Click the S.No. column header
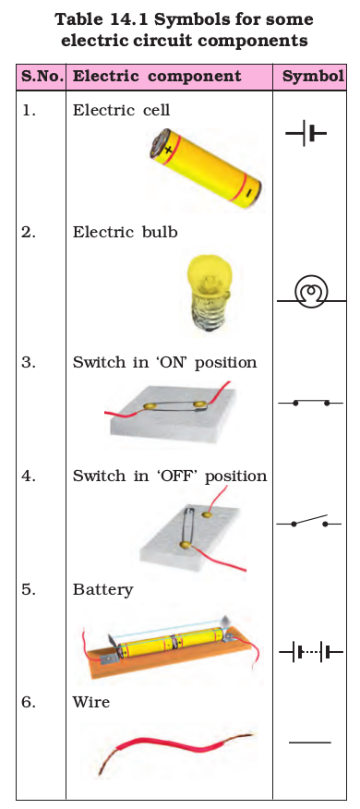point(42,77)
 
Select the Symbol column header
point(313,77)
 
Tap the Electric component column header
point(157,77)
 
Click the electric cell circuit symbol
point(306,133)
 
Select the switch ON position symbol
point(310,403)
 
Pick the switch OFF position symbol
point(309,522)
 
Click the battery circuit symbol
point(311,653)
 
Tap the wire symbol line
point(310,743)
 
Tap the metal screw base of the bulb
point(210,315)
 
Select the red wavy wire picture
point(176,749)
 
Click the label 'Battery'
point(102,590)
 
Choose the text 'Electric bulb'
point(125,232)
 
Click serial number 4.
point(29,476)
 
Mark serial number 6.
point(29,702)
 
